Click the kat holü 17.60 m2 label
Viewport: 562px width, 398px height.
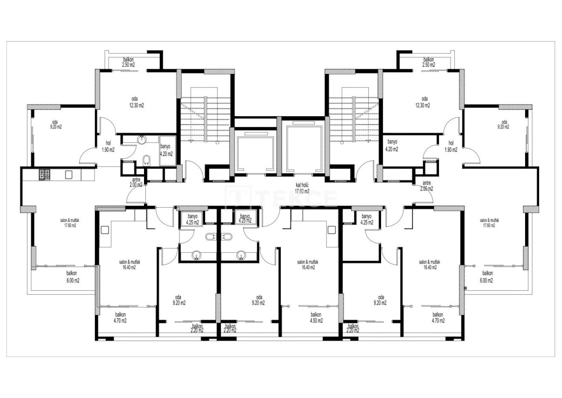pyautogui.click(x=302, y=189)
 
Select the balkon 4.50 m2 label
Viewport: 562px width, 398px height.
pyautogui.click(x=316, y=318)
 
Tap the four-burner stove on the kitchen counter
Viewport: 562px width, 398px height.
pyautogui.click(x=45, y=175)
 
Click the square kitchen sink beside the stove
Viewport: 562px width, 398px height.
pyautogui.click(x=68, y=175)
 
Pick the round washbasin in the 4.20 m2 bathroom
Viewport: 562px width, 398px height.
pyautogui.click(x=141, y=140)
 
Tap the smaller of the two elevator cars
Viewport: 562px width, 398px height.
pyautogui.click(x=254, y=152)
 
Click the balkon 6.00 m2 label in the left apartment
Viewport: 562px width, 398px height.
pyautogui.click(x=73, y=277)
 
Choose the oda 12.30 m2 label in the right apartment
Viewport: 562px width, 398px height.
pyautogui.click(x=424, y=102)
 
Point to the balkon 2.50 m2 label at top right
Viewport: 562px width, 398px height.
pyautogui.click(x=429, y=62)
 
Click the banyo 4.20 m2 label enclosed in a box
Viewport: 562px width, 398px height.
pyautogui.click(x=166, y=150)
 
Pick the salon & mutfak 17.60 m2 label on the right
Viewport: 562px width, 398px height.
pyautogui.click(x=489, y=223)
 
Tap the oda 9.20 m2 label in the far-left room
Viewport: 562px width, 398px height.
pyautogui.click(x=55, y=124)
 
